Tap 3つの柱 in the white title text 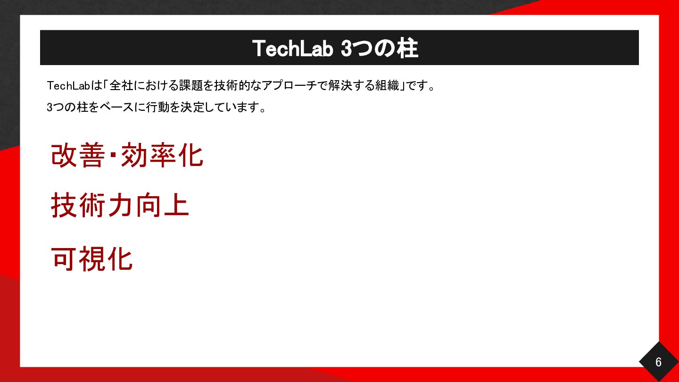tap(380, 49)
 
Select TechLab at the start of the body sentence tap(68, 86)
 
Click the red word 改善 tap(78, 155)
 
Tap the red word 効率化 tap(162, 155)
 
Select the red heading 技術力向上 tap(120, 205)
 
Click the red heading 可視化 tap(92, 258)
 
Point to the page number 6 tap(658, 362)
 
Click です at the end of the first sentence tap(416, 86)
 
